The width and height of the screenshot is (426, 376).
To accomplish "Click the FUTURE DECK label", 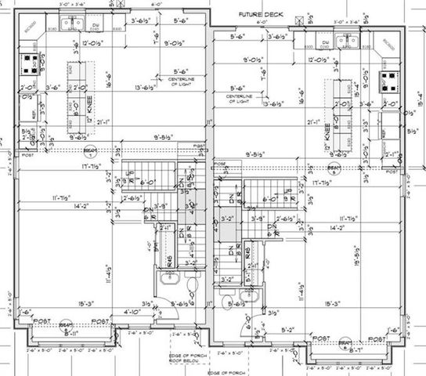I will tap(258, 15).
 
